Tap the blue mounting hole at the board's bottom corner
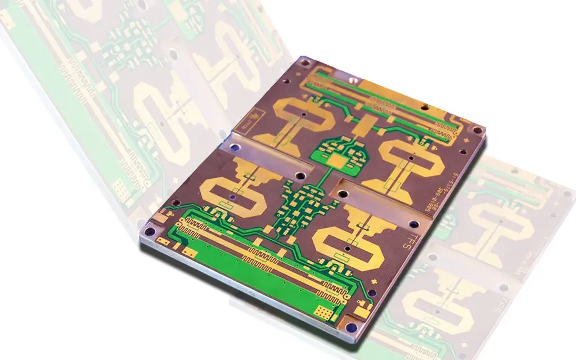352,328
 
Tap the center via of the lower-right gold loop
348,248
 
